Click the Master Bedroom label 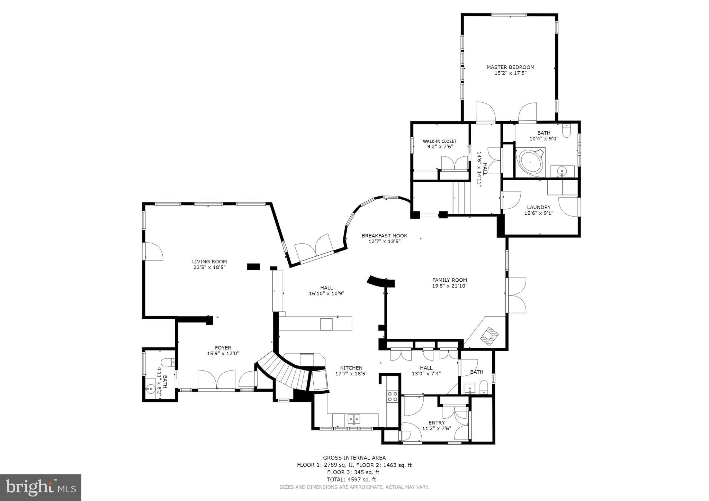(x=510, y=67)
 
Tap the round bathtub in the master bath (x=530, y=162)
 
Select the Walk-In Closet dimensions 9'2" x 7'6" (x=440, y=146)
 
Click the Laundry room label (x=539, y=207)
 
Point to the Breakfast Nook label (x=384, y=236)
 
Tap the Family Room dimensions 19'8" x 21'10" (x=449, y=286)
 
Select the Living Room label (x=209, y=262)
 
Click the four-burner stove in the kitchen (x=392, y=396)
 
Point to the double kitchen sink (x=353, y=420)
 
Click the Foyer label (x=223, y=348)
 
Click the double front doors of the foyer (x=217, y=380)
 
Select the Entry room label (x=437, y=422)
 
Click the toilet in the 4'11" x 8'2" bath (x=168, y=363)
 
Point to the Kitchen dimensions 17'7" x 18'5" (x=351, y=374)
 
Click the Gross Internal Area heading (x=354, y=458)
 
